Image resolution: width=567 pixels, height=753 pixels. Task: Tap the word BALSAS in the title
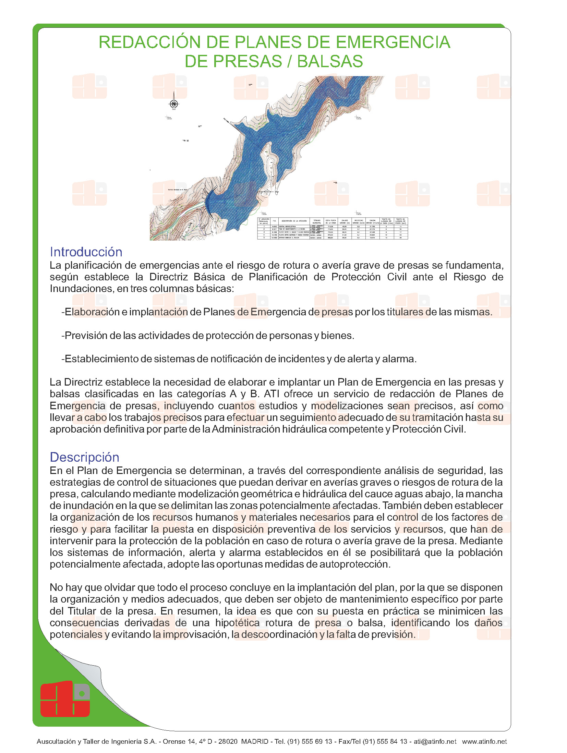click(330, 62)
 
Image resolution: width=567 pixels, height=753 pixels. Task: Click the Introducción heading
click(86, 252)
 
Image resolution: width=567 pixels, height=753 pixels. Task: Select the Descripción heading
click(84, 457)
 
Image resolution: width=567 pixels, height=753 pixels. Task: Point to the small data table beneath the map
click(333, 228)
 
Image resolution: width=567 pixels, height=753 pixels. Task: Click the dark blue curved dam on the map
click(209, 200)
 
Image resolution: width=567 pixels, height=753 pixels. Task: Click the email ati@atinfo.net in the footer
click(435, 741)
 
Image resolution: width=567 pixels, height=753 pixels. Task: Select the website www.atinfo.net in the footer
click(484, 741)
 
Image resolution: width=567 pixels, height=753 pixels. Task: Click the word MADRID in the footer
click(255, 741)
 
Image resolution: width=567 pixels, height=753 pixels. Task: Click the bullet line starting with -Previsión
click(208, 336)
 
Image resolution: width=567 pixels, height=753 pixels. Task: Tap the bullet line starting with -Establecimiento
click(239, 359)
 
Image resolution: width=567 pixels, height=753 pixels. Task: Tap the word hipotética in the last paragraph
click(237, 622)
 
